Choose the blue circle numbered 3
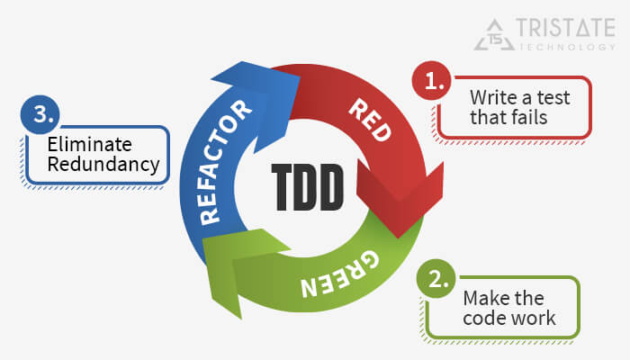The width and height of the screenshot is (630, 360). coord(40,118)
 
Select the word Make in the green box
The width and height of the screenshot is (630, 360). coord(484,299)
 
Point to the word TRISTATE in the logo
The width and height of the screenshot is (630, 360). coord(562,29)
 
